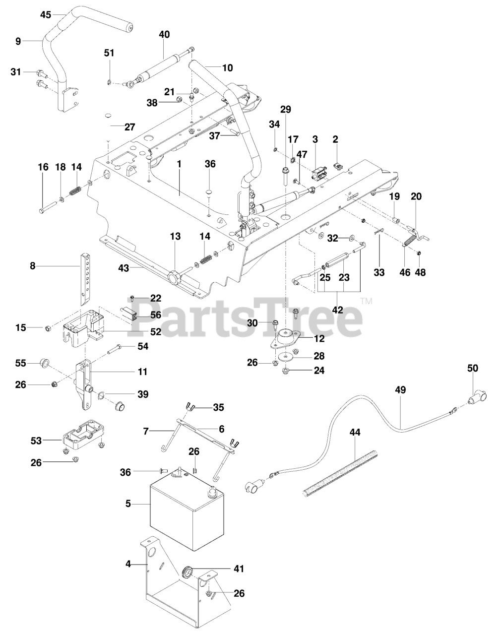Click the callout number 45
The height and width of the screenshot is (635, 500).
click(x=46, y=15)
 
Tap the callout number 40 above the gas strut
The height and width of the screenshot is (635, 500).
click(x=164, y=35)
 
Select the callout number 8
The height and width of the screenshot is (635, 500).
click(x=33, y=266)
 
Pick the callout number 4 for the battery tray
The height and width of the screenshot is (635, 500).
click(x=128, y=564)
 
